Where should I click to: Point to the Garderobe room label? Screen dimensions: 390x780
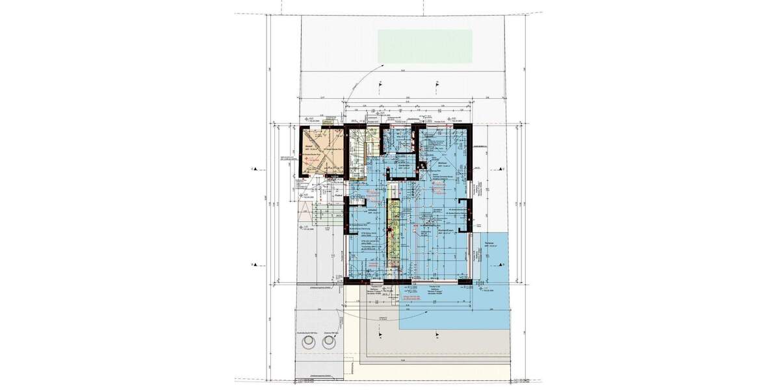point(403,164)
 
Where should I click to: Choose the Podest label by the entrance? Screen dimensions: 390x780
point(338,194)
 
